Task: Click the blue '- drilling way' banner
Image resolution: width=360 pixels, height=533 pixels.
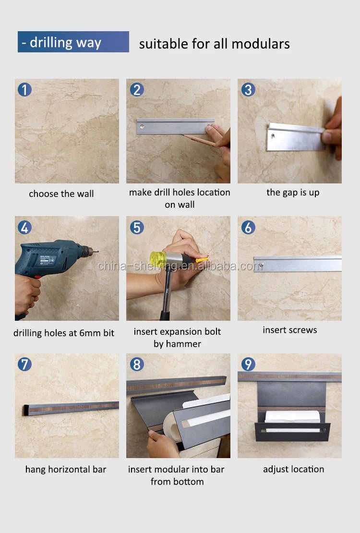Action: pyautogui.click(x=73, y=42)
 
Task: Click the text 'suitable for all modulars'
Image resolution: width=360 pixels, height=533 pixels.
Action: pyautogui.click(x=214, y=44)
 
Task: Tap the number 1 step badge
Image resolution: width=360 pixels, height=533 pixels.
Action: pyautogui.click(x=25, y=89)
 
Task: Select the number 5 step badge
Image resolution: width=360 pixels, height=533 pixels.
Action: pyautogui.click(x=137, y=227)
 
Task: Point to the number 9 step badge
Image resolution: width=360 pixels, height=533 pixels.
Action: pyautogui.click(x=248, y=364)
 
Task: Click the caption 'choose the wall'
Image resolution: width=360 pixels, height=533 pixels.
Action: pyautogui.click(x=61, y=194)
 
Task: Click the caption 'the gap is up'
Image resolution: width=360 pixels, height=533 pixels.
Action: pyautogui.click(x=293, y=193)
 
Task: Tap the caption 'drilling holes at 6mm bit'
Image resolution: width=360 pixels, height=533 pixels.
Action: pyautogui.click(x=64, y=333)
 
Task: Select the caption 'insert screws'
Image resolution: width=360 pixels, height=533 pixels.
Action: pyautogui.click(x=290, y=330)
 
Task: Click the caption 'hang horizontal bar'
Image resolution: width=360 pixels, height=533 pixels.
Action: pyautogui.click(x=66, y=469)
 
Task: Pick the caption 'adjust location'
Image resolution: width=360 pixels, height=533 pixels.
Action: pyautogui.click(x=293, y=469)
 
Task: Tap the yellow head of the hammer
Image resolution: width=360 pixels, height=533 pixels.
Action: pyautogui.click(x=157, y=259)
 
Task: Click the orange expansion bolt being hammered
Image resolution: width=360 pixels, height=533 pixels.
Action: pyautogui.click(x=202, y=260)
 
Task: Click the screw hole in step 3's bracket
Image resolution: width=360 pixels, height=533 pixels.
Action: pyautogui.click(x=273, y=136)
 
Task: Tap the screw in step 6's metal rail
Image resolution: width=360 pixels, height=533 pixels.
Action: pyautogui.click(x=262, y=263)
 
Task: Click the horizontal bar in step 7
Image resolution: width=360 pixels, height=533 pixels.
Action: pyautogui.click(x=72, y=408)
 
